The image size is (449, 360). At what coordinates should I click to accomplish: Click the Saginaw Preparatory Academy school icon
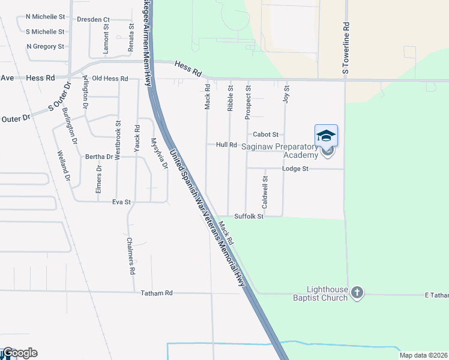tap(326, 135)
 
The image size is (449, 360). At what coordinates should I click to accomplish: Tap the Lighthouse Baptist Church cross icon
tap(357, 292)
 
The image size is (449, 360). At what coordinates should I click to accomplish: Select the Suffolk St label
tap(249, 216)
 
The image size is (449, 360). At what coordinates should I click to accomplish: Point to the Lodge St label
tap(295, 169)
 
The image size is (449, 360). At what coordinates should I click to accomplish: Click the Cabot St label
tap(266, 134)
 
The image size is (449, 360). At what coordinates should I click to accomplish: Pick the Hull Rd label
tap(227, 145)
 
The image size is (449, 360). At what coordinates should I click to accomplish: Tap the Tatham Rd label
tap(157, 293)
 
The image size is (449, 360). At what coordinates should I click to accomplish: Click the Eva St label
tap(121, 202)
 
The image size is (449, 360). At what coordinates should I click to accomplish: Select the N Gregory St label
tap(45, 46)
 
